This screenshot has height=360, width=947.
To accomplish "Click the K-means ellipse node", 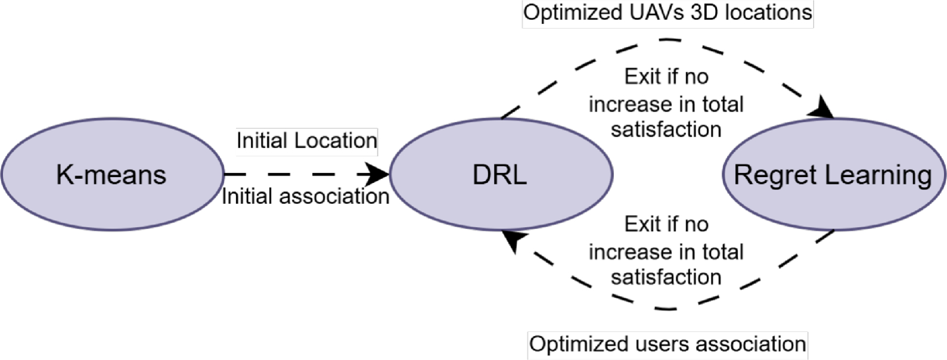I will coord(112,174).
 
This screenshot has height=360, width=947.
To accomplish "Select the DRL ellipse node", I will coord(501,174).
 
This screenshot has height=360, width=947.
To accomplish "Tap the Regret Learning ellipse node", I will coord(833,174).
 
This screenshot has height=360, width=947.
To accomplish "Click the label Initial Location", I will coord(306,141).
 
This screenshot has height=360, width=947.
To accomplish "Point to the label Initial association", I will coord(305,196).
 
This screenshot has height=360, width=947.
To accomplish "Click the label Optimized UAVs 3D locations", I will coord(667,13).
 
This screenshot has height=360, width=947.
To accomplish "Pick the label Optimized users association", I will coord(667,344).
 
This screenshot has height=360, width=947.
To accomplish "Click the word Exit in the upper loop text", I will coord(642,77).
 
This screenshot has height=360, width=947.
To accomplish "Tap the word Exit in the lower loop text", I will coord(642,225).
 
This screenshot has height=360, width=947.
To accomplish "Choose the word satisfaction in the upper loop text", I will coord(666,130).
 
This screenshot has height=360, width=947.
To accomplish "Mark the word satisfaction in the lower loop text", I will coord(666,278).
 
